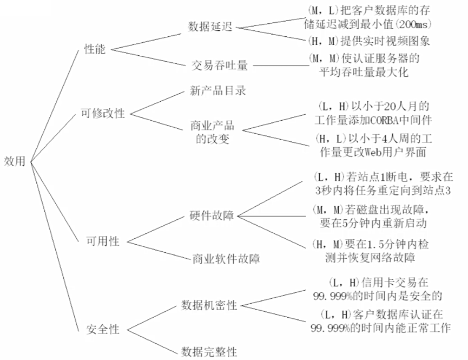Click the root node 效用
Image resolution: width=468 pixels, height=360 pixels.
tap(15, 161)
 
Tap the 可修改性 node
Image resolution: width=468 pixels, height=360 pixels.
tap(103, 114)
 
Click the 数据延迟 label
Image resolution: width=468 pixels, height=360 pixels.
tap(210, 27)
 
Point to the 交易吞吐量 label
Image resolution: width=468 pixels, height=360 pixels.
tap(220, 66)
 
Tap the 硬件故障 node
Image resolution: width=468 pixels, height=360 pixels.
tap(212, 215)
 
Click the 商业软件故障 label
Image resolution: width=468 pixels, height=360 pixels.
tap(226, 259)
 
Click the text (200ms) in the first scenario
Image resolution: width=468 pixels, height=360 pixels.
tap(416, 24)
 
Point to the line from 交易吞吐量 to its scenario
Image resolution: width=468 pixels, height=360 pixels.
tap(279, 66)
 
